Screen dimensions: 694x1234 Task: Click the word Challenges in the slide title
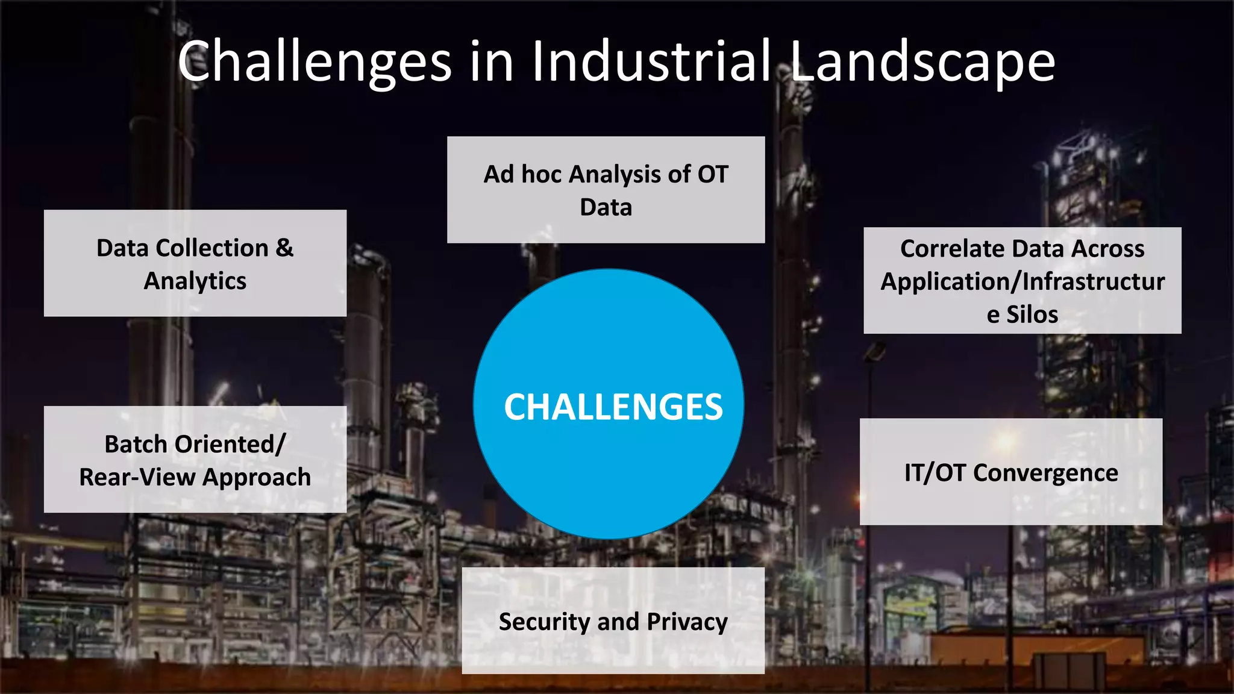(x=314, y=62)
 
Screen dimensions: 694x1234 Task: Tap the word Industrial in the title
(x=651, y=61)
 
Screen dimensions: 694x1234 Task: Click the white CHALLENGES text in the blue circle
(x=613, y=407)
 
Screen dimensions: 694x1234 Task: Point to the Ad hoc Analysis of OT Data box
(x=606, y=190)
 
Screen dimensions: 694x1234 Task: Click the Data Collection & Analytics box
(x=195, y=263)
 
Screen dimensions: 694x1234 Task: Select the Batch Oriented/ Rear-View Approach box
(x=195, y=460)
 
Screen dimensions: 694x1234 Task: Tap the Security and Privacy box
(x=613, y=621)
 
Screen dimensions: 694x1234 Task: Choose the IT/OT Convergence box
(x=1010, y=472)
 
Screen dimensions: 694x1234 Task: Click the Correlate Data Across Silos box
(x=1022, y=281)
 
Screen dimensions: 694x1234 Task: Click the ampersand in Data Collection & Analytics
(x=284, y=248)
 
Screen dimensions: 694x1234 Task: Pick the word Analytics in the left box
(x=195, y=281)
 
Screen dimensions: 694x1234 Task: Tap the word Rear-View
(x=137, y=477)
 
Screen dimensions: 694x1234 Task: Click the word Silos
(x=1032, y=314)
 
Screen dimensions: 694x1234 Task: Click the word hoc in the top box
(x=541, y=174)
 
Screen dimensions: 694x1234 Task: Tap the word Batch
(x=136, y=445)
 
